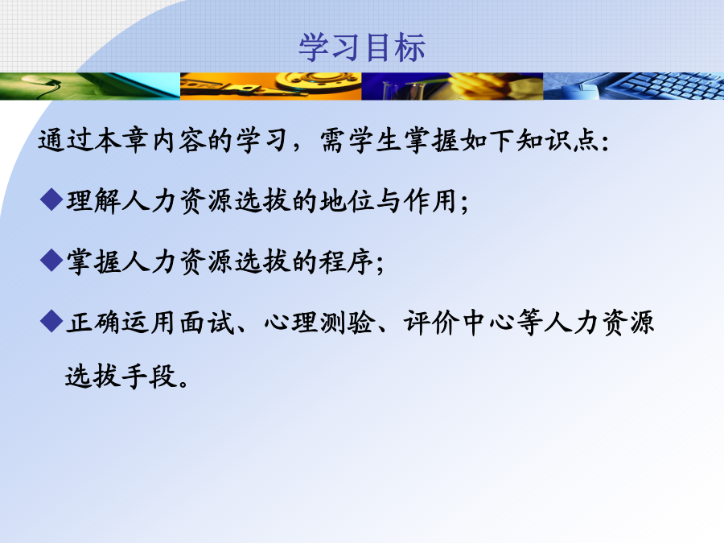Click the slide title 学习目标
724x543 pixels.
pos(362,47)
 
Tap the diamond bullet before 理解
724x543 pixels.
pos(51,200)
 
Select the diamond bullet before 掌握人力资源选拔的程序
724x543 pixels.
pos(51,261)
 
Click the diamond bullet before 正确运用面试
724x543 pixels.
pos(51,321)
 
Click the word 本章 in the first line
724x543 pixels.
pos(121,140)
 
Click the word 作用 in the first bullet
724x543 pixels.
pos(430,201)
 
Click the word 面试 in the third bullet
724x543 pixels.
pos(208,323)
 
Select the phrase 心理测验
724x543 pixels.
pos(319,323)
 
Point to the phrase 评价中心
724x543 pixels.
pos(459,323)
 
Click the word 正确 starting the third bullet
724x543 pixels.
pos(93,323)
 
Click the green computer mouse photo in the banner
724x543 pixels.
pos(90,86)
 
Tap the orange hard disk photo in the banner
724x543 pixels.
pos(270,86)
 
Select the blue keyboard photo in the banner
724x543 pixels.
pos(634,86)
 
